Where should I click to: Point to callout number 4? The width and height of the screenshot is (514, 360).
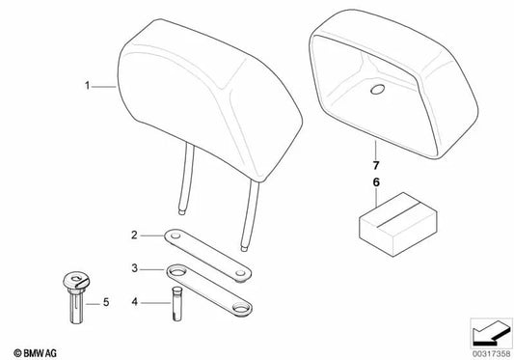pos(136,301)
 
